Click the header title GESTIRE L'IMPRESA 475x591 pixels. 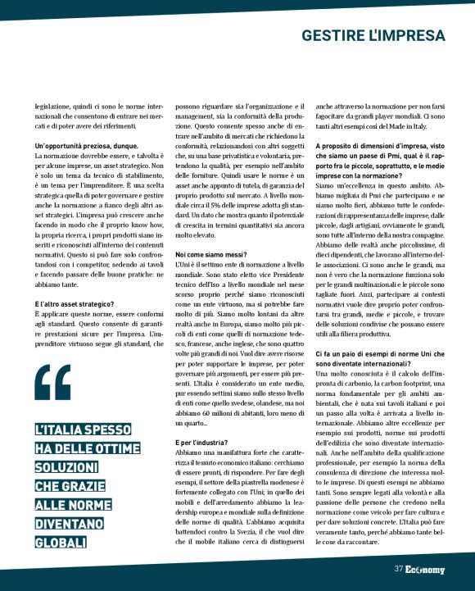point(373,35)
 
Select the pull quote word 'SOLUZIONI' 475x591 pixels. point(65,466)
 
